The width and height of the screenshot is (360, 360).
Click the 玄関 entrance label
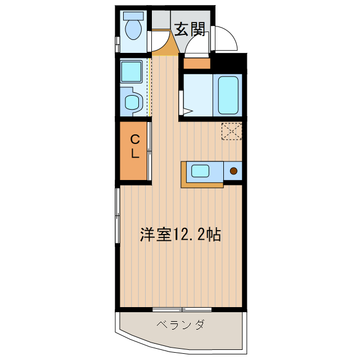(189, 30)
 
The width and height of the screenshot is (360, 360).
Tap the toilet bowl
(133, 30)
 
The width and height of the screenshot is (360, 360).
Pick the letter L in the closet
(136, 153)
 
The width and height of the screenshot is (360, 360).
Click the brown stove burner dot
(233, 170)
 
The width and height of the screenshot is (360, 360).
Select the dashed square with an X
(231, 132)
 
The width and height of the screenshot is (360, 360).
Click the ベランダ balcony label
(181, 325)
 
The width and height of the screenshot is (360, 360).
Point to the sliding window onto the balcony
(182, 309)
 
